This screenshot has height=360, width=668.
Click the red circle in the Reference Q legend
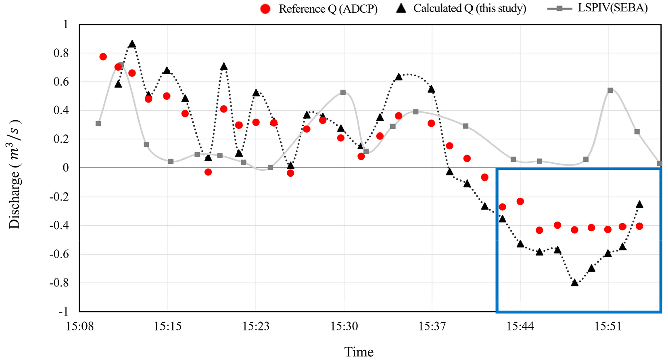tap(265, 9)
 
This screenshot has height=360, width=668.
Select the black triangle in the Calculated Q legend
tap(401, 8)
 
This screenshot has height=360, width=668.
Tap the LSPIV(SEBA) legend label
tap(612, 8)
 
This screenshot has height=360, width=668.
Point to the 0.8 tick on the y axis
tap(61, 53)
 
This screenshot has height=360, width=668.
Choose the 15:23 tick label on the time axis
tap(256, 326)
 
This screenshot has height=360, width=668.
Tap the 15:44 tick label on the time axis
tap(520, 326)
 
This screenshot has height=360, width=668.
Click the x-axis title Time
tap(359, 352)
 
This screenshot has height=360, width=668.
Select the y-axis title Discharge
tap(15, 175)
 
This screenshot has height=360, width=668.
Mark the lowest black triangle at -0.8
tap(575, 283)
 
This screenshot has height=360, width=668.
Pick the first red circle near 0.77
tap(103, 57)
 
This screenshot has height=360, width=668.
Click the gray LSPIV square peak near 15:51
tap(610, 90)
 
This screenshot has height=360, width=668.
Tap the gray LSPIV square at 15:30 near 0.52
tap(343, 92)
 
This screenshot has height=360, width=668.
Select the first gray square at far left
tap(98, 123)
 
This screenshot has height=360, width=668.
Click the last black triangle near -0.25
tap(639, 205)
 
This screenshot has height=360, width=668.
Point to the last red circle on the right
tap(639, 226)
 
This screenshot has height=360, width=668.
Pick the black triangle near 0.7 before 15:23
tap(224, 67)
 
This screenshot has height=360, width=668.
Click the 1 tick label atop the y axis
tap(66, 24)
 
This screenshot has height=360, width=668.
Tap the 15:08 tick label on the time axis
tap(79, 326)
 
